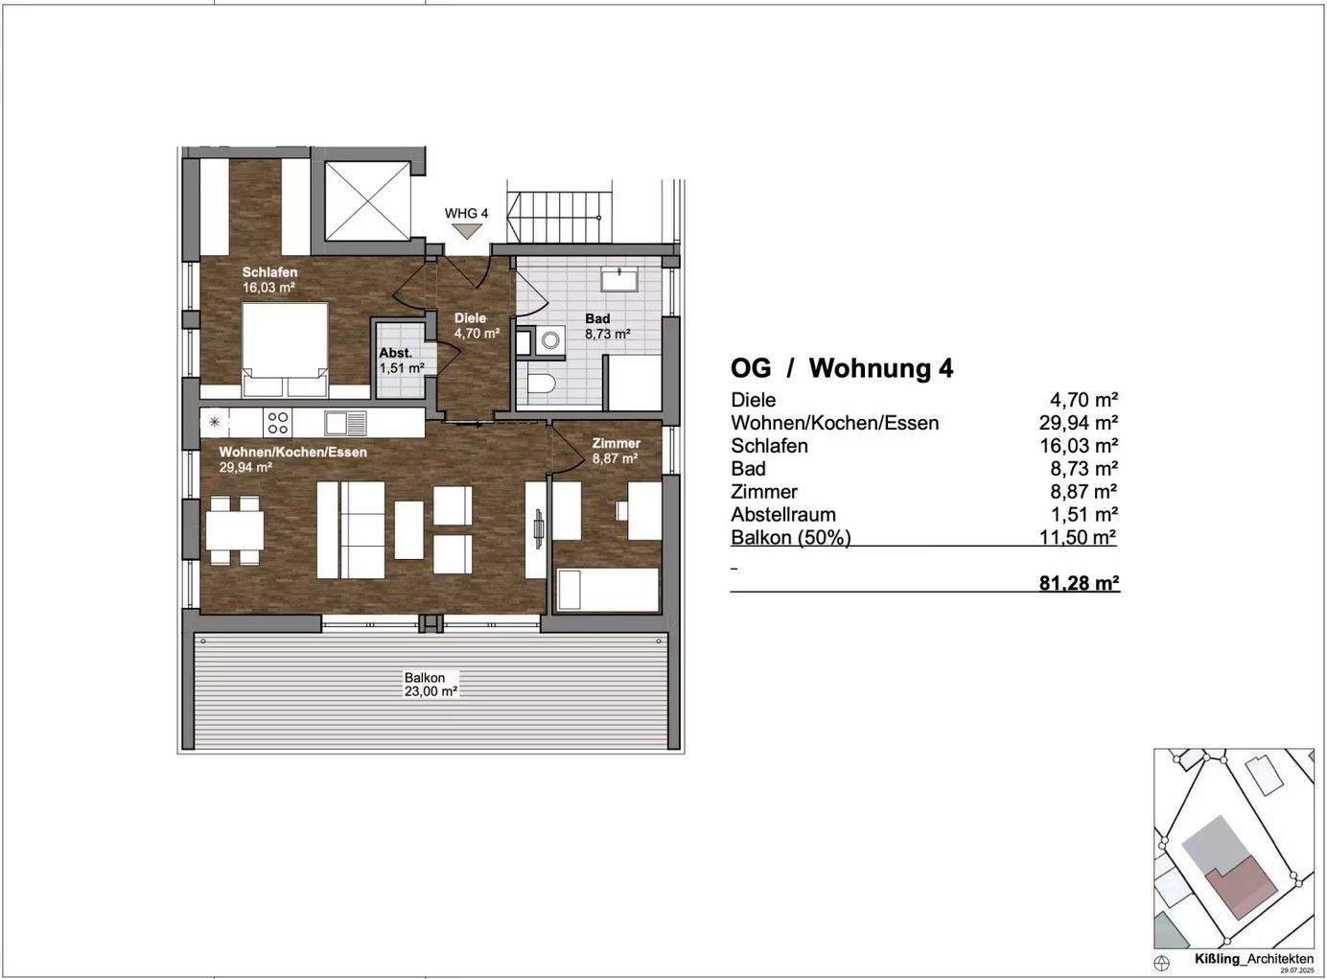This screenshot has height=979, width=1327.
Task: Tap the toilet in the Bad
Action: [x=540, y=384]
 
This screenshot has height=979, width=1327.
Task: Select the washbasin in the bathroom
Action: [x=619, y=278]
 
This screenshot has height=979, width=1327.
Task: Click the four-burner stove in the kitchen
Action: [x=278, y=423]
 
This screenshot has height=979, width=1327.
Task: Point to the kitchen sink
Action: [x=346, y=423]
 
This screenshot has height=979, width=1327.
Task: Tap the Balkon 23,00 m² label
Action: [x=431, y=684]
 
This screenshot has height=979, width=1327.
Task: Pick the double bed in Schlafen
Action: [x=286, y=350]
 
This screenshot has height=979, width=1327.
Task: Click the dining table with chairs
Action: [x=234, y=531]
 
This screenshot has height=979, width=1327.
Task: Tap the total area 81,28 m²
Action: [x=1079, y=583]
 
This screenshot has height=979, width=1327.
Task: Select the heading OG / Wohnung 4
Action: [x=842, y=368]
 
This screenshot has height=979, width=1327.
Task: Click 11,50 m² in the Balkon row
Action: [x=1078, y=537]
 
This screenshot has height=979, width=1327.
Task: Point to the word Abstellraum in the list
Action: [x=783, y=514]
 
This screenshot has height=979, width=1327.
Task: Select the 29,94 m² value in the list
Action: [x=1078, y=423]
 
